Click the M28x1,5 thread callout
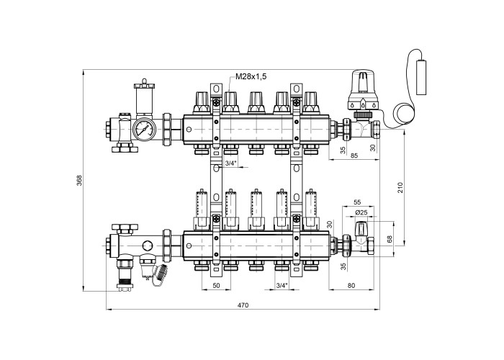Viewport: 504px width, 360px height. tap(251, 76)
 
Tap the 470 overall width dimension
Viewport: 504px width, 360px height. tap(243, 305)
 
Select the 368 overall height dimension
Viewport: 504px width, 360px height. tap(79, 180)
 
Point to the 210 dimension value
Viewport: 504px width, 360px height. tap(400, 187)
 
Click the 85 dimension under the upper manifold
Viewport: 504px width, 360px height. tap(354, 156)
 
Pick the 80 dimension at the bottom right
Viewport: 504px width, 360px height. tap(351, 285)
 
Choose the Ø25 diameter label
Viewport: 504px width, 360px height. tap(361, 212)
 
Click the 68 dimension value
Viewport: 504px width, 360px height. tap(390, 239)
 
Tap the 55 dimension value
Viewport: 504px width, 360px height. tap(357, 202)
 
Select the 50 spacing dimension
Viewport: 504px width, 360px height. tap(216, 285)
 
